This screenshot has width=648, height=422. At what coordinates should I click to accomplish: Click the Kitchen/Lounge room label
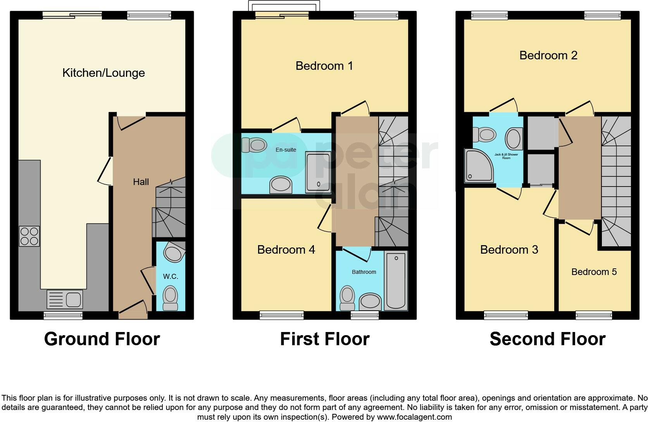[x=103, y=73]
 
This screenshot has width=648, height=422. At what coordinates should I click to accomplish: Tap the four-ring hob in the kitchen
[x=29, y=236]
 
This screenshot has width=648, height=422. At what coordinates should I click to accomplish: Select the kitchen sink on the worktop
[x=64, y=299]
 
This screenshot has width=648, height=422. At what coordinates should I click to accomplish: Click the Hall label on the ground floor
[x=141, y=182]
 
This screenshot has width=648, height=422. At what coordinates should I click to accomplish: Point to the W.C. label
[x=171, y=277]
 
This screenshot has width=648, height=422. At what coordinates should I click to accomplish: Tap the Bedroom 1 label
[x=324, y=66]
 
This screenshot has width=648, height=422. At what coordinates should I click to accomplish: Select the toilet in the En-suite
[x=255, y=145]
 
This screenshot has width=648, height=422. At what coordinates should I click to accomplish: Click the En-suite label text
[x=286, y=150]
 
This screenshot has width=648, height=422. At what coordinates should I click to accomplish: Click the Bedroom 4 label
[x=286, y=250]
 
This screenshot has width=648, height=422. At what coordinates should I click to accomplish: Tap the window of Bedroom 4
[x=281, y=315]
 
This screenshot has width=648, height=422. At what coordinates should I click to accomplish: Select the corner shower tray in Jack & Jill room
[x=478, y=166]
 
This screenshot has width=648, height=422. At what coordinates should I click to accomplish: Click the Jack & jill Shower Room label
[x=506, y=156]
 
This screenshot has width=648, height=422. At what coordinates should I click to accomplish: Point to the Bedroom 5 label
[x=594, y=272]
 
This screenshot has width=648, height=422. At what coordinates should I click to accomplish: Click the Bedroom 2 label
[x=548, y=55]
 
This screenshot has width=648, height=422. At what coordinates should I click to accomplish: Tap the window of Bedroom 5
[x=594, y=315]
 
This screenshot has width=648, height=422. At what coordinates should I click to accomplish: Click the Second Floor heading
[x=547, y=339]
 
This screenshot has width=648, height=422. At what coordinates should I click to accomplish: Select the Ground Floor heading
[x=102, y=339]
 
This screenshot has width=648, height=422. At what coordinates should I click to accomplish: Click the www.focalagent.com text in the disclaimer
[x=414, y=417]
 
